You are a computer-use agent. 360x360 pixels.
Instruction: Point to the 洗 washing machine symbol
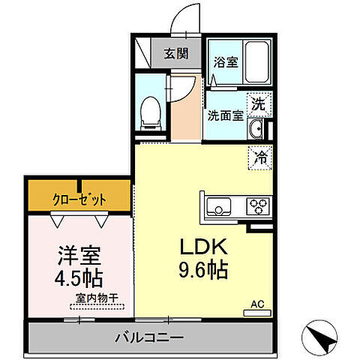257,104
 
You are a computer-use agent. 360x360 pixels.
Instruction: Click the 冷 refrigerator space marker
260,158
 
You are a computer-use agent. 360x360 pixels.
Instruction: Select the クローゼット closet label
79,199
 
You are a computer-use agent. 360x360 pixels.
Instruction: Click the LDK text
202,247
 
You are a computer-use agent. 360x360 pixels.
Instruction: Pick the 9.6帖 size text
203,271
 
